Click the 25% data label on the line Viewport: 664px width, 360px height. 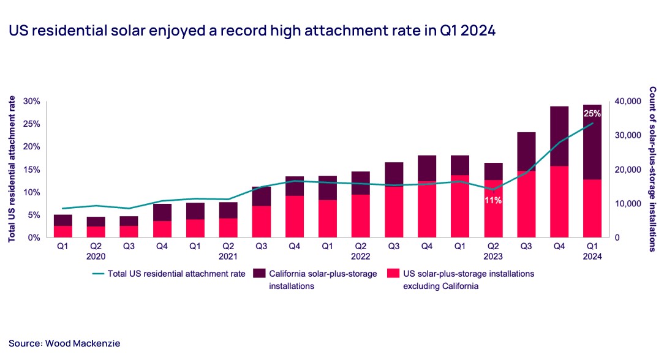pyautogui.click(x=592, y=114)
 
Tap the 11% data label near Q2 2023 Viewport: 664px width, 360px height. pyautogui.click(x=493, y=200)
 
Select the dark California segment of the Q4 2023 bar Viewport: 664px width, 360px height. pyautogui.click(x=559, y=136)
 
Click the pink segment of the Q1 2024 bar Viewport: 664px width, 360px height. pyautogui.click(x=592, y=208)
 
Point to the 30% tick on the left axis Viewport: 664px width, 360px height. pyautogui.click(x=31, y=101)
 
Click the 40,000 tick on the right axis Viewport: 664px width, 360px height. pyautogui.click(x=627, y=101)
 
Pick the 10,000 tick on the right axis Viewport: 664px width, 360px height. pyautogui.click(x=627, y=203)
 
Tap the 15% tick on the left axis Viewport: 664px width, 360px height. pyautogui.click(x=31, y=170)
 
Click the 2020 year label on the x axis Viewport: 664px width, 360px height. pyautogui.click(x=96, y=257)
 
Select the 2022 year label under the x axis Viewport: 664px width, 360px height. pyautogui.click(x=360, y=257)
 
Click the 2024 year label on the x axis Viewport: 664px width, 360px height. pyautogui.click(x=592, y=257)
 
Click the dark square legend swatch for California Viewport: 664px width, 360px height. pyautogui.click(x=258, y=274)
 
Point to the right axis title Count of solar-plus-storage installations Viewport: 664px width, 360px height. pyautogui.click(x=653, y=169)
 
